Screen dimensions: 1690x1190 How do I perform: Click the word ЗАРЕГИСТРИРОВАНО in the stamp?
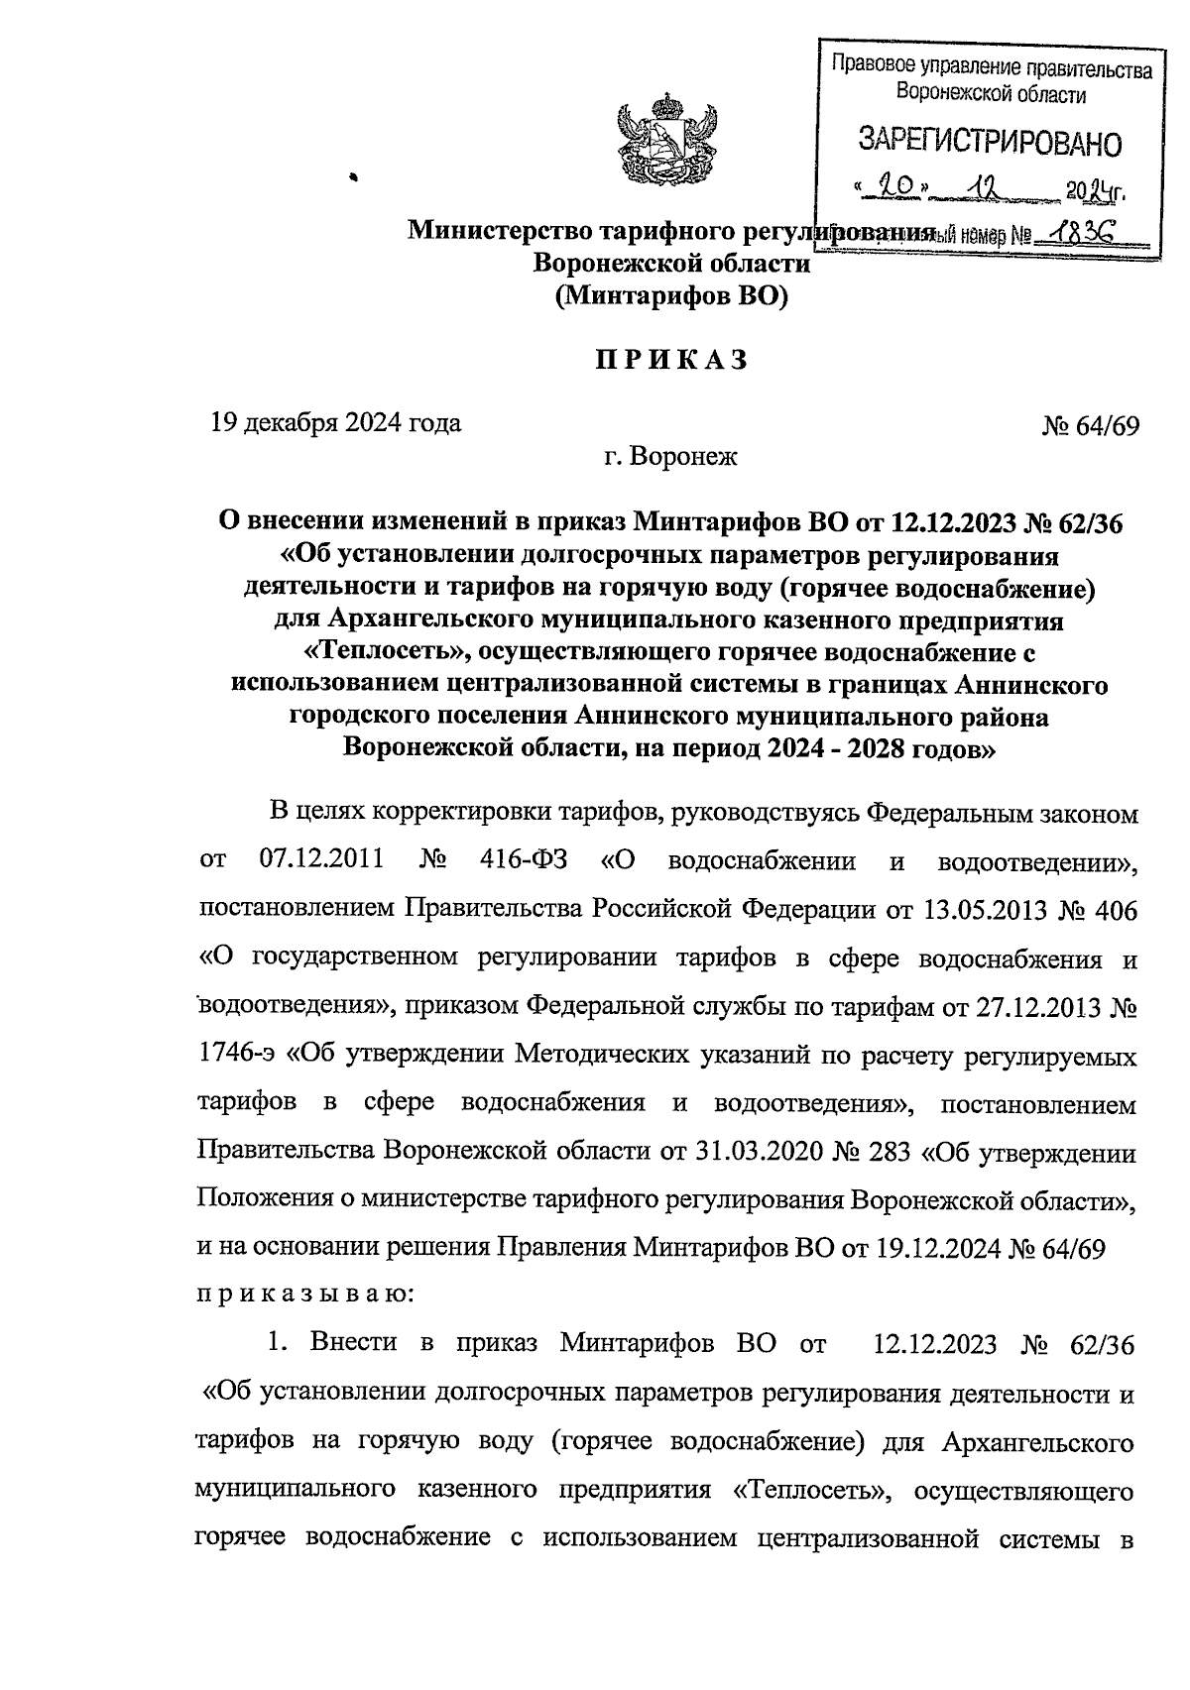click(x=989, y=143)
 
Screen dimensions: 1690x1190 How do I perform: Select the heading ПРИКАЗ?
click(x=670, y=362)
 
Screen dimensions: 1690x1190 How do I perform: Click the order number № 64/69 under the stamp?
click(x=1090, y=426)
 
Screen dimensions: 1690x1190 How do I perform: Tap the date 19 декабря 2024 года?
click(x=335, y=423)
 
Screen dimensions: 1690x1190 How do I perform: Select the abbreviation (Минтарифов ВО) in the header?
click(x=670, y=295)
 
